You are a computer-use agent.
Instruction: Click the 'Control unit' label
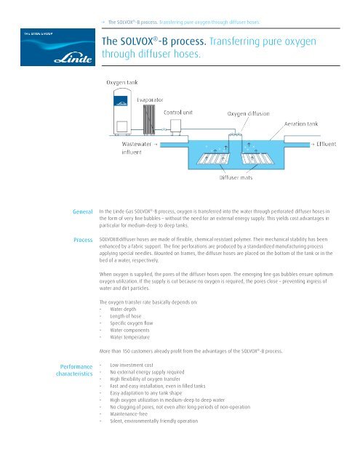tap(183, 113)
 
